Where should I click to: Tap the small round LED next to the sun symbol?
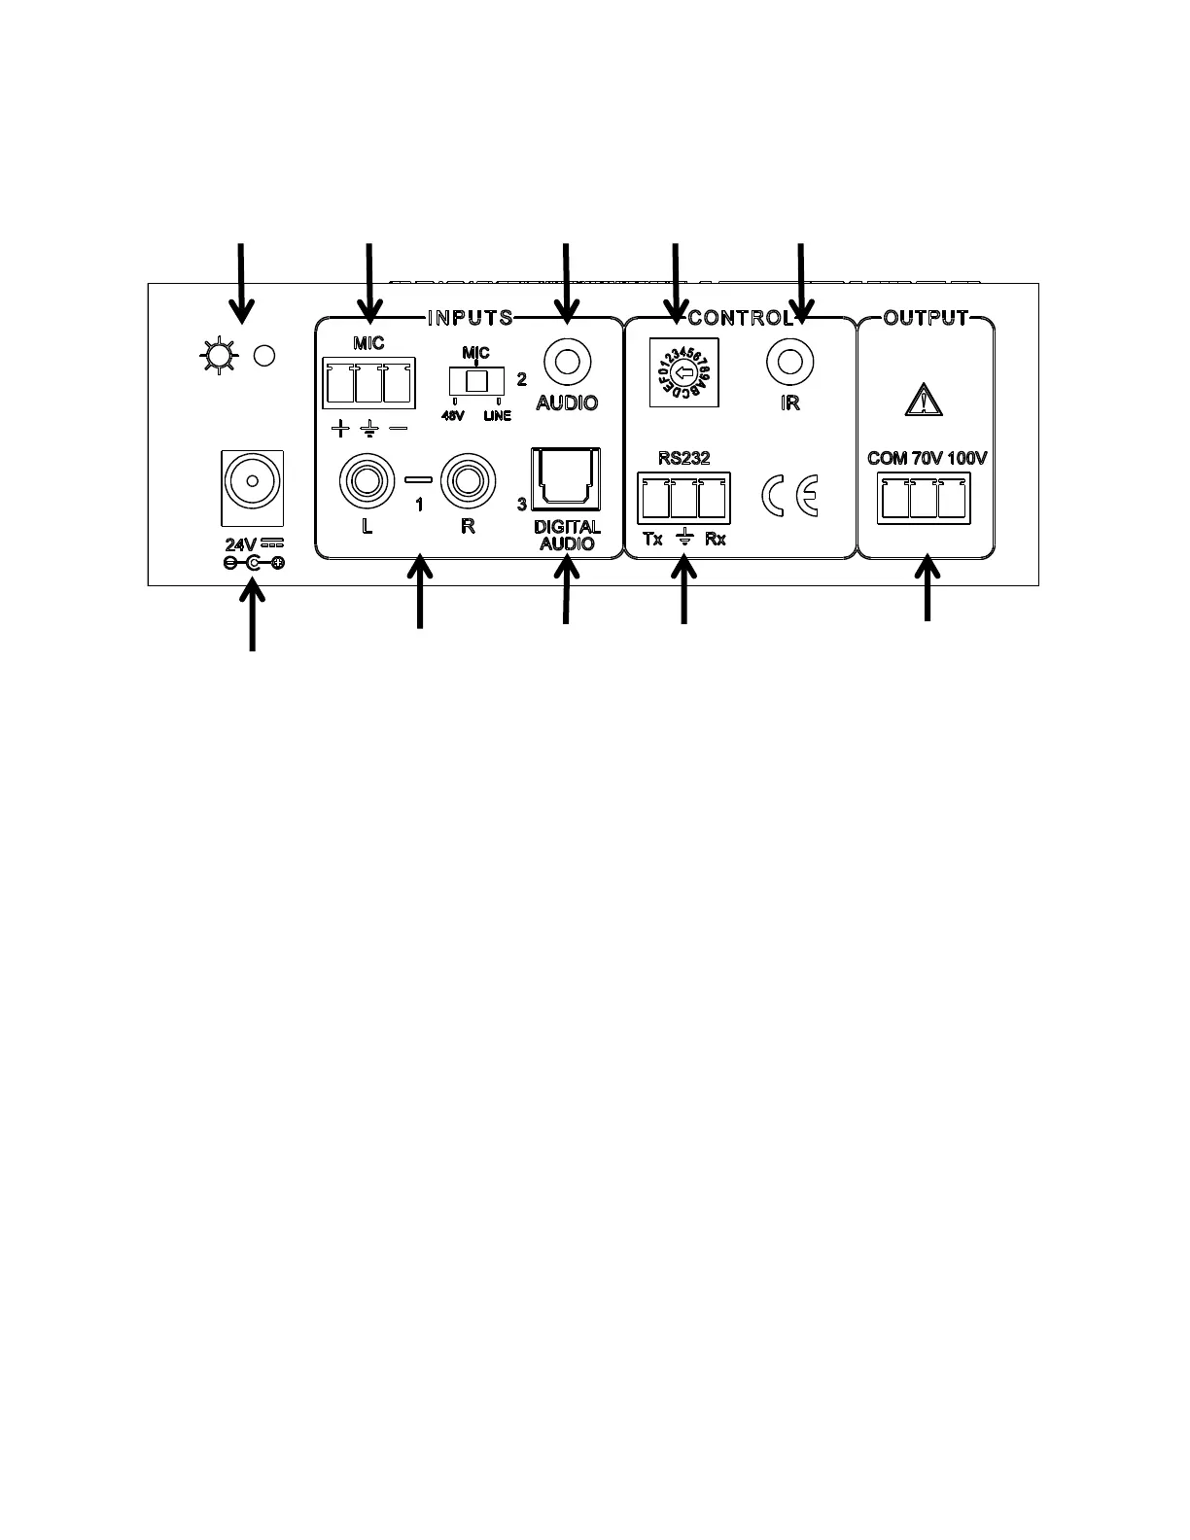pyautogui.click(x=263, y=356)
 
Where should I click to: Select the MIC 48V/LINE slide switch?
pyautogui.click(x=475, y=380)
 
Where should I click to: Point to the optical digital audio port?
pyautogui.click(x=566, y=479)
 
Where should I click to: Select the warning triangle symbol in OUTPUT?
pyautogui.click(x=925, y=399)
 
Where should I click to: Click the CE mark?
pyautogui.click(x=790, y=496)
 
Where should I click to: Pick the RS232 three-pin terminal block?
pyautogui.click(x=684, y=498)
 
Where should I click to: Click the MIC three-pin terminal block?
pyautogui.click(x=367, y=383)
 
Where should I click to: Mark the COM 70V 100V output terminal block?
pyautogui.click(x=924, y=498)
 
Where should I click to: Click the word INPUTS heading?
pyautogui.click(x=471, y=318)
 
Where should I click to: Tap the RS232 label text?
pyautogui.click(x=684, y=458)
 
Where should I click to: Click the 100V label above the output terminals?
pyautogui.click(x=966, y=458)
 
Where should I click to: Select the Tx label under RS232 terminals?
pyautogui.click(x=652, y=539)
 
